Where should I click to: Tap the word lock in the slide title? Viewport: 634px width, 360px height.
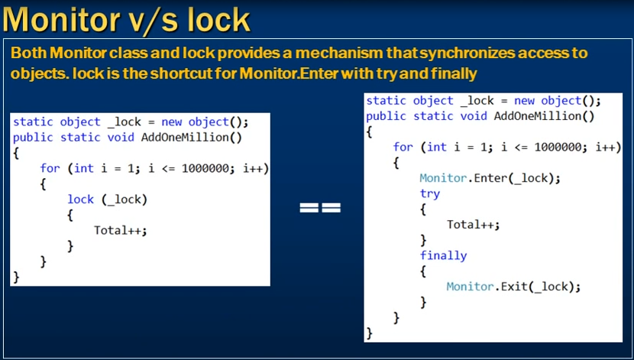[219, 19]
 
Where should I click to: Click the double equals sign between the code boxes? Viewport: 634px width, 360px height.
[320, 207]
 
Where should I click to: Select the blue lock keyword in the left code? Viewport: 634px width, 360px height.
[80, 199]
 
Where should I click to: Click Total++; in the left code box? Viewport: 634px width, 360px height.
[121, 231]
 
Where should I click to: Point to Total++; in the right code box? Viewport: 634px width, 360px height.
[474, 225]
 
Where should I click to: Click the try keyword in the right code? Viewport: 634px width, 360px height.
[430, 193]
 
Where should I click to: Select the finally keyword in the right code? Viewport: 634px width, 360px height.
[444, 255]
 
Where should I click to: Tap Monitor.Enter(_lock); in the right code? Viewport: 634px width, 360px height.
[490, 178]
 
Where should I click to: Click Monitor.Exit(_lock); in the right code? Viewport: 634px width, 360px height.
[513, 287]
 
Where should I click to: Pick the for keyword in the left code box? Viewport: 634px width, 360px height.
[50, 168]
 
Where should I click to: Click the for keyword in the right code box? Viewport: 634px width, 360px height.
[403, 147]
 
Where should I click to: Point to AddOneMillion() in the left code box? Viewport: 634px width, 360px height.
[191, 138]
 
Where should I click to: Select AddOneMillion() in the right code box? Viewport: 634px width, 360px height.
[544, 116]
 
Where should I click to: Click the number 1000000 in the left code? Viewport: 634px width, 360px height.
[205, 168]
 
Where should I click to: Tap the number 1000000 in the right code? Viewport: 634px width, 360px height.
[558, 147]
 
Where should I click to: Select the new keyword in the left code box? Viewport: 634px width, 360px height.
[171, 122]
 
